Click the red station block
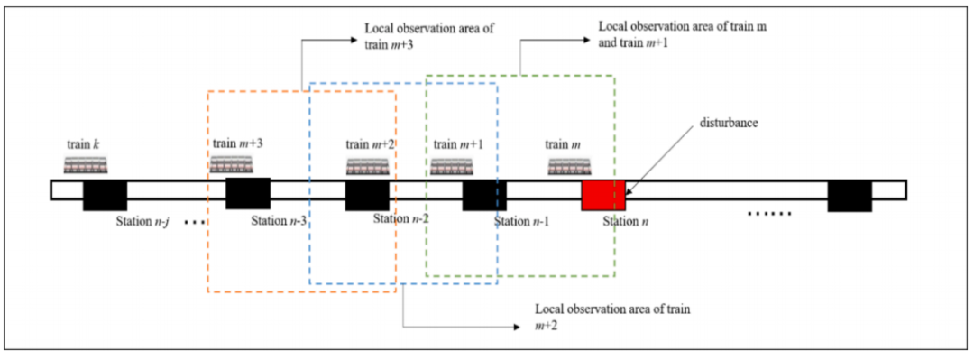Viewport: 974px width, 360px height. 603,195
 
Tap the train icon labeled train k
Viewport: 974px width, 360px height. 87,165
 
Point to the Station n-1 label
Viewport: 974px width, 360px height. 522,221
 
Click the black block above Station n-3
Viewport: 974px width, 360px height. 248,193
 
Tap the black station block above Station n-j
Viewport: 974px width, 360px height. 105,195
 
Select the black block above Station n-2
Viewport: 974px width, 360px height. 368,195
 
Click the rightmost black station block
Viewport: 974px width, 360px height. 850,195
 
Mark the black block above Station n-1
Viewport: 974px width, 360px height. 484,195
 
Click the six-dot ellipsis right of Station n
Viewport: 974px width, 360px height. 769,215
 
